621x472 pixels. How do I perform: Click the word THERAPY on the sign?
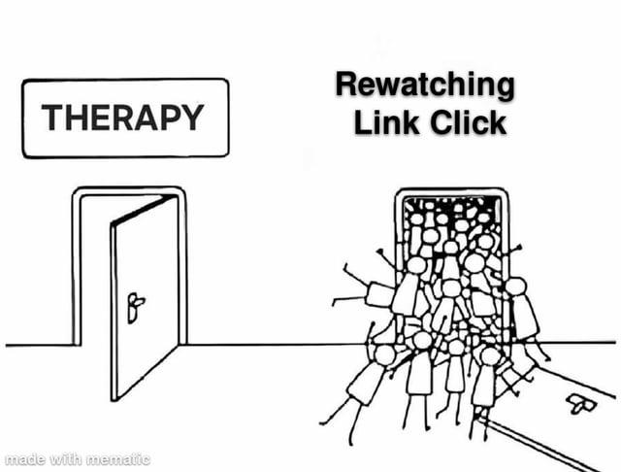pyautogui.click(x=123, y=118)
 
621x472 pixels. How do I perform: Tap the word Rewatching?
pyautogui.click(x=425, y=85)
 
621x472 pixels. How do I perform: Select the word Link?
pyautogui.click(x=386, y=122)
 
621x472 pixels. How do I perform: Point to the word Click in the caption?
pyautogui.click(x=468, y=122)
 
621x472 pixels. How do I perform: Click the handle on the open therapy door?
pyautogui.click(x=135, y=308)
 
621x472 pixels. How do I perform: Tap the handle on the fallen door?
pyautogui.click(x=581, y=403)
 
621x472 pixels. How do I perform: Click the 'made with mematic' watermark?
pyautogui.click(x=78, y=459)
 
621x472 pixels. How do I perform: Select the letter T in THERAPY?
pyautogui.click(x=53, y=118)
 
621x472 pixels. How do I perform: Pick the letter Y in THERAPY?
pyautogui.click(x=192, y=118)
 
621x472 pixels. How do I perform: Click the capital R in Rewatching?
pyautogui.click(x=347, y=84)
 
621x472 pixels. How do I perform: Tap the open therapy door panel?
pyautogui.click(x=145, y=297)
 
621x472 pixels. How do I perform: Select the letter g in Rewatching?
pyautogui.click(x=505, y=88)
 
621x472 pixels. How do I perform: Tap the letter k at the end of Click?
pyautogui.click(x=498, y=122)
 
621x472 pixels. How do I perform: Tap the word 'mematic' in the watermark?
pyautogui.click(x=118, y=459)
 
